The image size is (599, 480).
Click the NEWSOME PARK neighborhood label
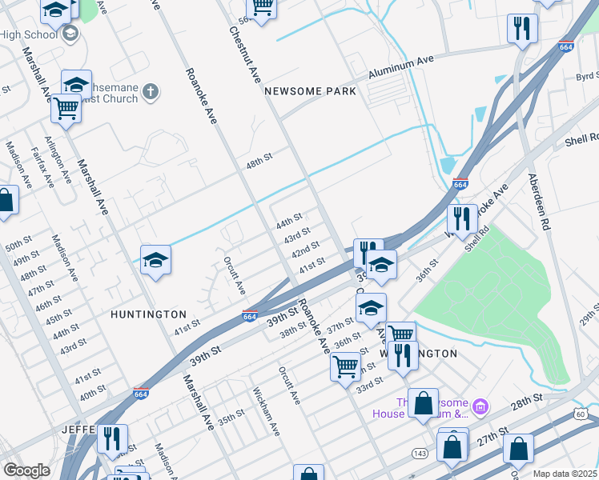click(311, 91)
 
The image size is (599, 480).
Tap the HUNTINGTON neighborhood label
click(149, 315)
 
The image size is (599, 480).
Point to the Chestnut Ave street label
click(246, 55)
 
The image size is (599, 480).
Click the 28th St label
click(527, 398)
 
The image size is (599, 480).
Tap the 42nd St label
click(304, 253)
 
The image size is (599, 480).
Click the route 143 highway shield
click(419, 453)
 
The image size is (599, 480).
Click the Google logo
click(26, 470)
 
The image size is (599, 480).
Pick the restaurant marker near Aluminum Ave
click(522, 28)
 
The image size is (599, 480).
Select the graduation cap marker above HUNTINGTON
click(155, 260)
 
